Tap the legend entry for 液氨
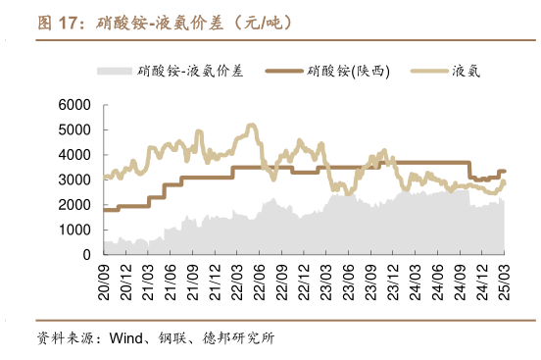coord(466,71)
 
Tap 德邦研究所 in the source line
coord(241,339)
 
